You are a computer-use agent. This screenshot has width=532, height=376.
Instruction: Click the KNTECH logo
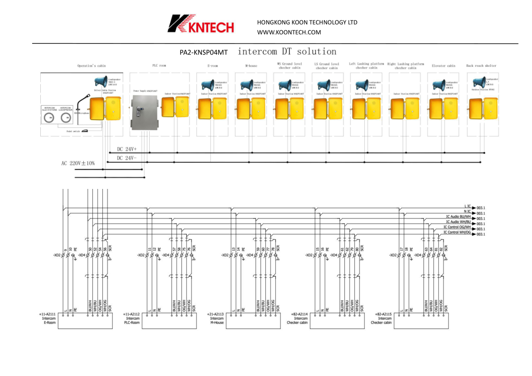200,24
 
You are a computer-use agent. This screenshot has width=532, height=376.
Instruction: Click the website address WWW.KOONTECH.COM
289,32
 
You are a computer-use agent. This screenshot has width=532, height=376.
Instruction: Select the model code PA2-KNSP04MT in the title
204,53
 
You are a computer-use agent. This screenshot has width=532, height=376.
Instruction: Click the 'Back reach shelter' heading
481,66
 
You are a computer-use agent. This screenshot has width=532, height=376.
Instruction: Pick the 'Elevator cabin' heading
443,66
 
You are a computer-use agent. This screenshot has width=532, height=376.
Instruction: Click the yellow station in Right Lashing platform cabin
405,108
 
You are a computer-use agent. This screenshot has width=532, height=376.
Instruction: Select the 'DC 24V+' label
127,149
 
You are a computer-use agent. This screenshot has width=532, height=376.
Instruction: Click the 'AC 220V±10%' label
78,163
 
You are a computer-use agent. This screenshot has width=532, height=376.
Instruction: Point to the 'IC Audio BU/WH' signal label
458,217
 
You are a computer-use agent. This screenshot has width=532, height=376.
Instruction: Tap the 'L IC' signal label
467,206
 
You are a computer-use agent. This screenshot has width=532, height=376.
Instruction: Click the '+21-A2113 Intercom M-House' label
216,318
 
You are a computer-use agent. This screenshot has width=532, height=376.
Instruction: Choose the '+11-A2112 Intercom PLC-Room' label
131,318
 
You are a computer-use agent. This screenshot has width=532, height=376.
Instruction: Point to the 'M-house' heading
251,66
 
